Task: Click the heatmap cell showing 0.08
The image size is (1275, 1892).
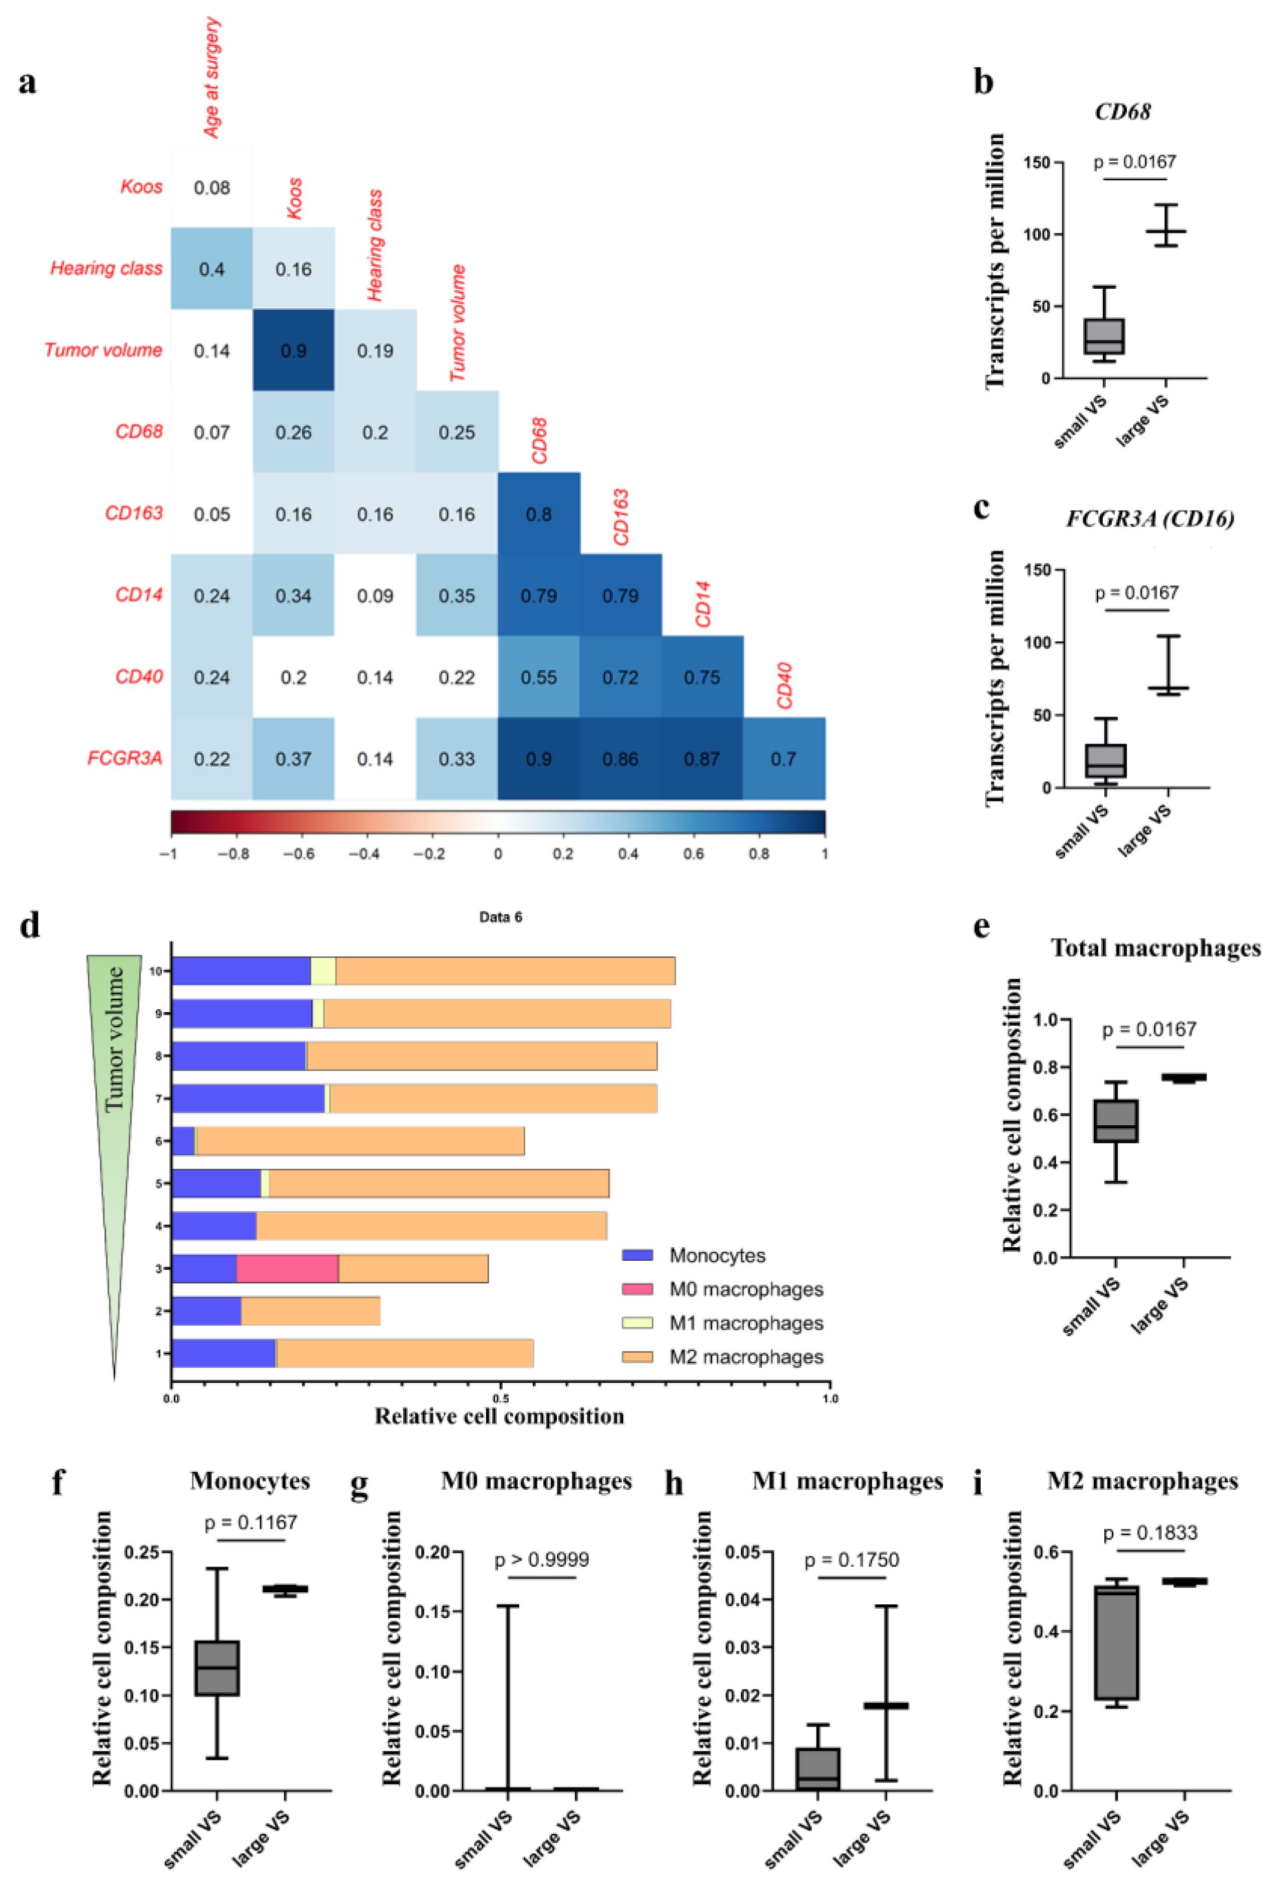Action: click(211, 188)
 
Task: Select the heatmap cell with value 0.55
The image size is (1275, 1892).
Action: click(538, 677)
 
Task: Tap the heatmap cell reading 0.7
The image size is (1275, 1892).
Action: click(783, 759)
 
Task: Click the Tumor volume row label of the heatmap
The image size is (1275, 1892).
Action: click(103, 350)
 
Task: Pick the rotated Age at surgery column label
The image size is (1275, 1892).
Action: click(211, 77)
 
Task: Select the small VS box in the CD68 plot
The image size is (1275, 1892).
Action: click(1103, 336)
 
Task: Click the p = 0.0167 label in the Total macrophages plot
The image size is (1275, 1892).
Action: click(1149, 1030)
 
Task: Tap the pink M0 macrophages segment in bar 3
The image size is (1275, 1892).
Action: click(287, 1268)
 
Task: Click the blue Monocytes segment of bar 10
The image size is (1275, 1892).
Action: click(241, 971)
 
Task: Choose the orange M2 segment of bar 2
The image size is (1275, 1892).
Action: click(311, 1311)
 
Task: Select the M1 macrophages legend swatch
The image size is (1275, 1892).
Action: click(638, 1323)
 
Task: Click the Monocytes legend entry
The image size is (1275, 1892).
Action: click(717, 1255)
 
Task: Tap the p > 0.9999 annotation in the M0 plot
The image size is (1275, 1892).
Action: click(541, 1560)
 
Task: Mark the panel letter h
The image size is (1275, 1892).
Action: click(674, 1483)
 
